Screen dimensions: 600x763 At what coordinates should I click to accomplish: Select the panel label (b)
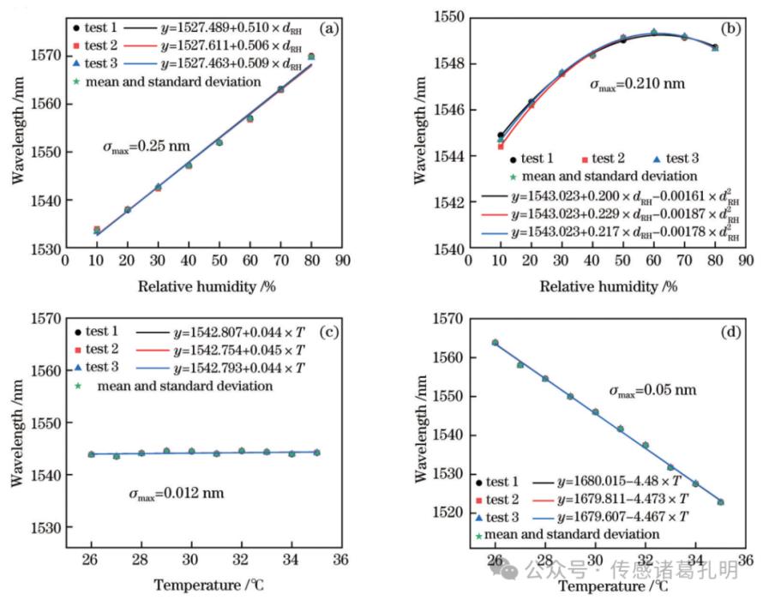(x=731, y=28)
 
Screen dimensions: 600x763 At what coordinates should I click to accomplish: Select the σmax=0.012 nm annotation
(x=177, y=494)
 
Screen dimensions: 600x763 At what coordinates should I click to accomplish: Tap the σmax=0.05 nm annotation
(x=652, y=390)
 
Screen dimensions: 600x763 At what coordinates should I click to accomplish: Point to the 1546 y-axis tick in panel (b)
(x=449, y=110)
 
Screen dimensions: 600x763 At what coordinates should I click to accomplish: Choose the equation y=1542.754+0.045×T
(x=235, y=351)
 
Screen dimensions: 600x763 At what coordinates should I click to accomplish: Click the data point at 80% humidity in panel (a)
(x=310, y=57)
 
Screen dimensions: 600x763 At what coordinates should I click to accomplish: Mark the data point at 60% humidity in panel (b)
(x=653, y=32)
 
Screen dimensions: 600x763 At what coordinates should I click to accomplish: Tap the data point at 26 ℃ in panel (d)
(x=496, y=342)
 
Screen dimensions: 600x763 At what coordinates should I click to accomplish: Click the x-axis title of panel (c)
(x=196, y=586)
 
